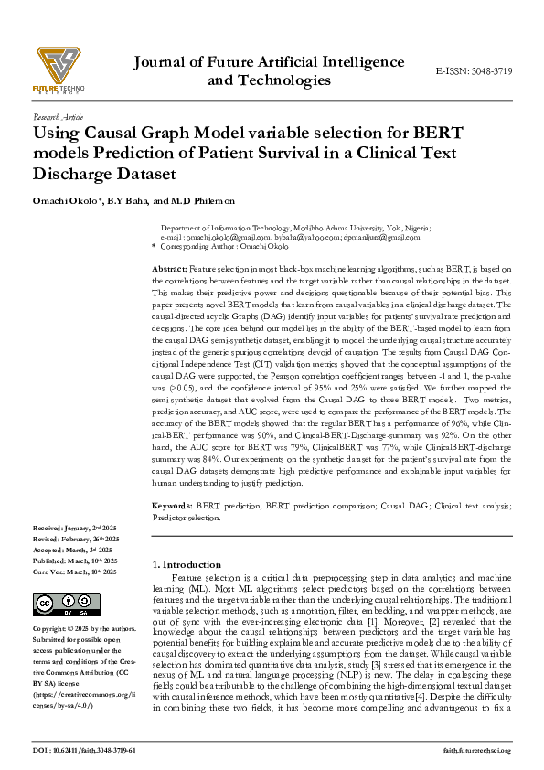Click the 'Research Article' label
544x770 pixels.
(58, 118)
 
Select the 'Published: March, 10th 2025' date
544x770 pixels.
(73, 561)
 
